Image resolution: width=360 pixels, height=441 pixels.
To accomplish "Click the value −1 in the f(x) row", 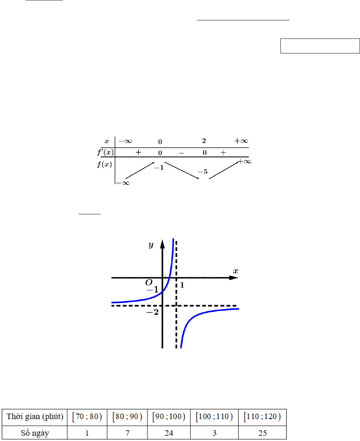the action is point(159,168).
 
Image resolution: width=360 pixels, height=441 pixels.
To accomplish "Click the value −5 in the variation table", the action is point(203,172).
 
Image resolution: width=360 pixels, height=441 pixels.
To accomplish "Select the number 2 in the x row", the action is point(204,141).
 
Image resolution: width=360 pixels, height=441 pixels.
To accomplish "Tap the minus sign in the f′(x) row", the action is point(182,153).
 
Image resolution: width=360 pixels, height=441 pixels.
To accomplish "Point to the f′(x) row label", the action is point(106,152).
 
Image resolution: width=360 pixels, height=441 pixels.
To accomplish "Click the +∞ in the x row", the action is point(241,141).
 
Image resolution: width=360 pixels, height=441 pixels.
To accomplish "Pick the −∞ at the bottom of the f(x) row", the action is point(123,183).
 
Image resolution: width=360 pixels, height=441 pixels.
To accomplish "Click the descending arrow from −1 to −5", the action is point(182,170).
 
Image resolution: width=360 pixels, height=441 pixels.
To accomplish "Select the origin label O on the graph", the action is point(149,283).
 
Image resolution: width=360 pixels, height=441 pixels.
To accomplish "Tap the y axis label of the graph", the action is point(151,244).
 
